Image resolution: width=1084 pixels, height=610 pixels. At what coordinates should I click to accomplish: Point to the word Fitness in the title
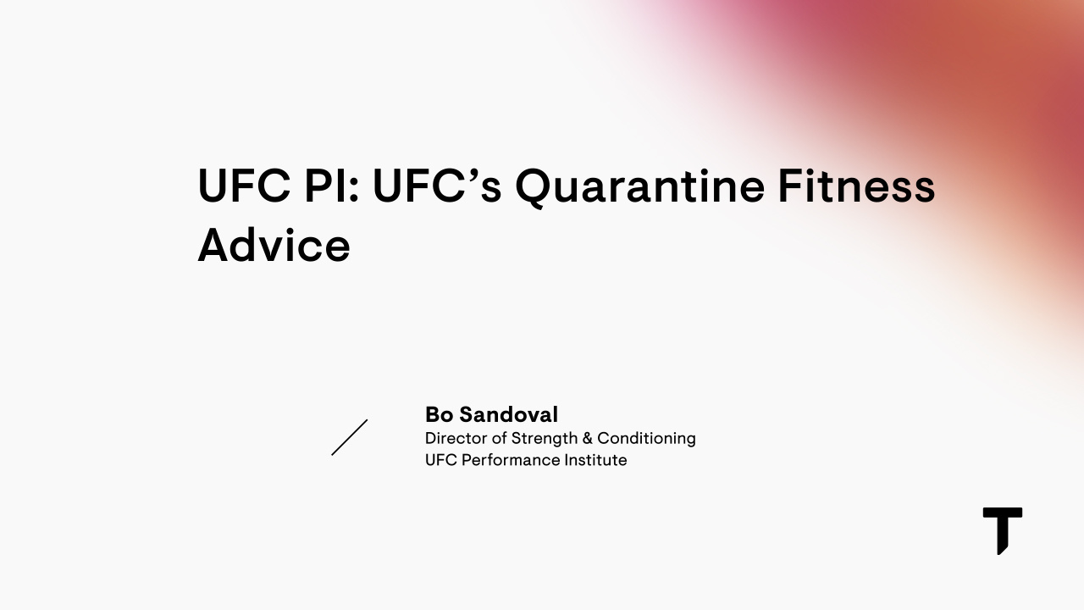[x=856, y=186]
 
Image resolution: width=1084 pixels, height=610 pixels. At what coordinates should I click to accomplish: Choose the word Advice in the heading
[x=274, y=245]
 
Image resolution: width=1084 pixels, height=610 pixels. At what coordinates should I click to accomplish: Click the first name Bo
[x=439, y=414]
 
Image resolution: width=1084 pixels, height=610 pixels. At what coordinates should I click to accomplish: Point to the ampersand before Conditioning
[x=587, y=438]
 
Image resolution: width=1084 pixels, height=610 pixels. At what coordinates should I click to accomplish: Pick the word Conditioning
[x=646, y=438]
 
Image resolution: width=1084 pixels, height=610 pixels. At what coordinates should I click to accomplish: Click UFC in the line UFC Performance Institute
[x=440, y=460]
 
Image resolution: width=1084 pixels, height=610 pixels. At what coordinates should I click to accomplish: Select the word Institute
[x=597, y=460]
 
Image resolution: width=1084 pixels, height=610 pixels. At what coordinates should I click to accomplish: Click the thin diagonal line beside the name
[x=349, y=437]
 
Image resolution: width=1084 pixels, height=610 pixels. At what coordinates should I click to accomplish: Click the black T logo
[x=1002, y=530]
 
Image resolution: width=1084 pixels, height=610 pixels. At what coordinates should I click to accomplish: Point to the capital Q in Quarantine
[x=534, y=186]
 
